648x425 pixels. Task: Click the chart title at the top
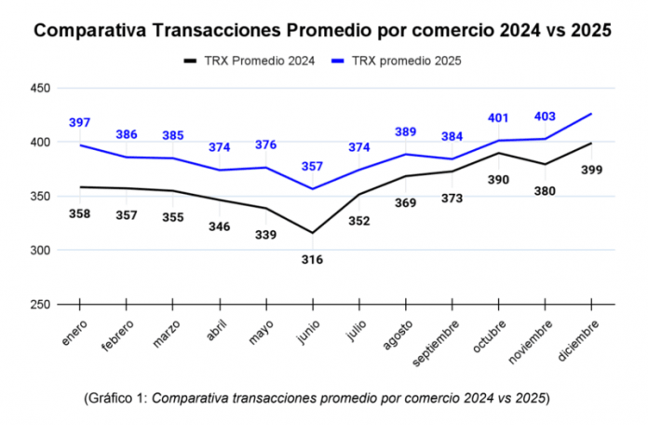pyautogui.click(x=322, y=31)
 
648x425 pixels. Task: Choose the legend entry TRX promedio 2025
pyautogui.click(x=396, y=61)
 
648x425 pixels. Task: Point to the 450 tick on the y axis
pyautogui.click(x=40, y=89)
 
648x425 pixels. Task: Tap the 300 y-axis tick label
pyautogui.click(x=40, y=251)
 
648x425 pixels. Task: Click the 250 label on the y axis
pyautogui.click(x=40, y=305)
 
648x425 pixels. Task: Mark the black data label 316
pyautogui.click(x=312, y=259)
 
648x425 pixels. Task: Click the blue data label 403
pyautogui.click(x=545, y=117)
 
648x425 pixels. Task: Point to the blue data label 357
pyautogui.click(x=312, y=167)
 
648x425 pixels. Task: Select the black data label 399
pyautogui.click(x=592, y=171)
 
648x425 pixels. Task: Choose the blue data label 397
pyautogui.click(x=80, y=123)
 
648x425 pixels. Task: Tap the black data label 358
pyautogui.click(x=80, y=214)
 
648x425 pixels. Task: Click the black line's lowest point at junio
pyautogui.click(x=312, y=233)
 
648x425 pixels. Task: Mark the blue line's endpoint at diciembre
pyautogui.click(x=591, y=114)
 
